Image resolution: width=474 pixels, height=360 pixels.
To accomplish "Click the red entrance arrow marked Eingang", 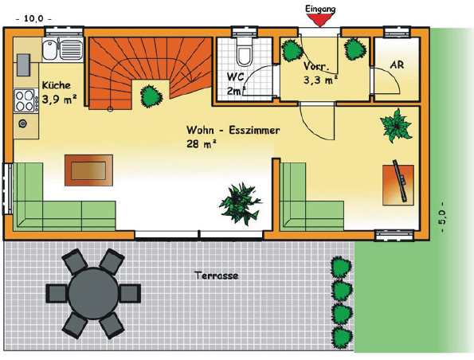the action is click(x=320, y=20).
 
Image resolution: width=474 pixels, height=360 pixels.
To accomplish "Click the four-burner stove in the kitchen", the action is click(x=25, y=100).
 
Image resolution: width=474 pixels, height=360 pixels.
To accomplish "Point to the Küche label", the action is click(x=57, y=85).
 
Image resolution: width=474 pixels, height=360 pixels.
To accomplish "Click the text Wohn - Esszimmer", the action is click(x=233, y=131).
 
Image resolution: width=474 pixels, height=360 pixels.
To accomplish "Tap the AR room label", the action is click(x=397, y=65).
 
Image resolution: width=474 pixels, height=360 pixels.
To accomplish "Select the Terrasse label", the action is click(x=217, y=276).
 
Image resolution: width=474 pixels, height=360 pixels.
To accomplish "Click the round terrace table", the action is click(x=93, y=293).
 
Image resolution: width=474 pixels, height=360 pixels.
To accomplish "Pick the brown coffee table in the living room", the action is click(x=89, y=170).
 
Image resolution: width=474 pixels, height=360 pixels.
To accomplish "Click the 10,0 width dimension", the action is click(x=33, y=18).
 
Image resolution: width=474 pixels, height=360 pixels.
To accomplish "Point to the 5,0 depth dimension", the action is click(x=442, y=217).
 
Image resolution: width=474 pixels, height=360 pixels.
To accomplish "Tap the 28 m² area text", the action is click(x=202, y=144).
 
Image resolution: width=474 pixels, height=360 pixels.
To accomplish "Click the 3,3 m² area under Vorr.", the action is click(x=320, y=80).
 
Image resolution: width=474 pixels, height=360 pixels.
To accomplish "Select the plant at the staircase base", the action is click(x=151, y=96).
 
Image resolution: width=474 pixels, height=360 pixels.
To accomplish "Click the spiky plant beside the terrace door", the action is click(x=241, y=203).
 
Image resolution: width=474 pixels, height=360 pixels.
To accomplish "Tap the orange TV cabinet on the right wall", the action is click(x=398, y=185).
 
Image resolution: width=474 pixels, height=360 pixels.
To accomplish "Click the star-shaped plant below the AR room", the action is click(x=396, y=125).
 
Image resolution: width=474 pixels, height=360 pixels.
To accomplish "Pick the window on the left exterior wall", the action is click(x=7, y=189).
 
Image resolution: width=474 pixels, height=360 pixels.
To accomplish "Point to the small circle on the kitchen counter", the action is click(x=23, y=123).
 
